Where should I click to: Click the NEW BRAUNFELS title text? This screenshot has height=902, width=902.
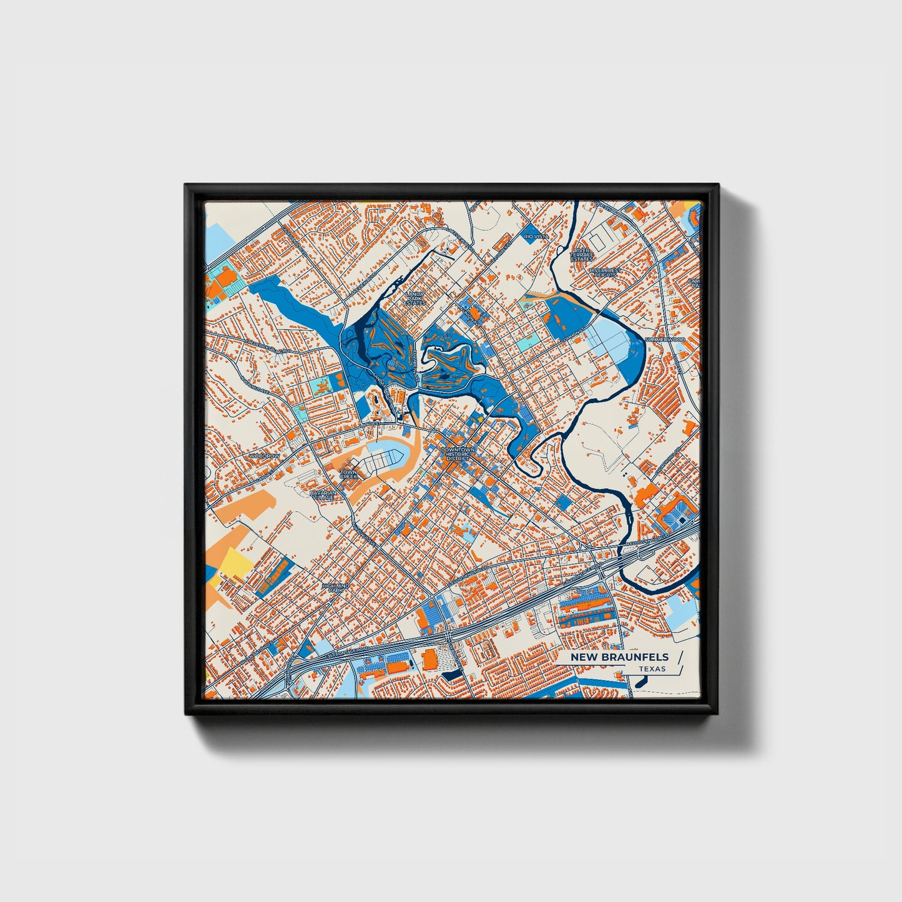[x=619, y=657]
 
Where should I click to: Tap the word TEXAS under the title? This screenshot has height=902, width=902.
[x=652, y=669]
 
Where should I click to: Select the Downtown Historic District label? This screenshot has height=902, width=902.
[x=458, y=454]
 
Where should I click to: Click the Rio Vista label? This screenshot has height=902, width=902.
[x=534, y=237]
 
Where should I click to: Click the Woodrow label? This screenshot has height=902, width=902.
[x=265, y=456]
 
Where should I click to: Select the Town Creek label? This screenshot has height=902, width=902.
[x=349, y=474]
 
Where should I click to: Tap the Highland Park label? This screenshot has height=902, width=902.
[x=336, y=588]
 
